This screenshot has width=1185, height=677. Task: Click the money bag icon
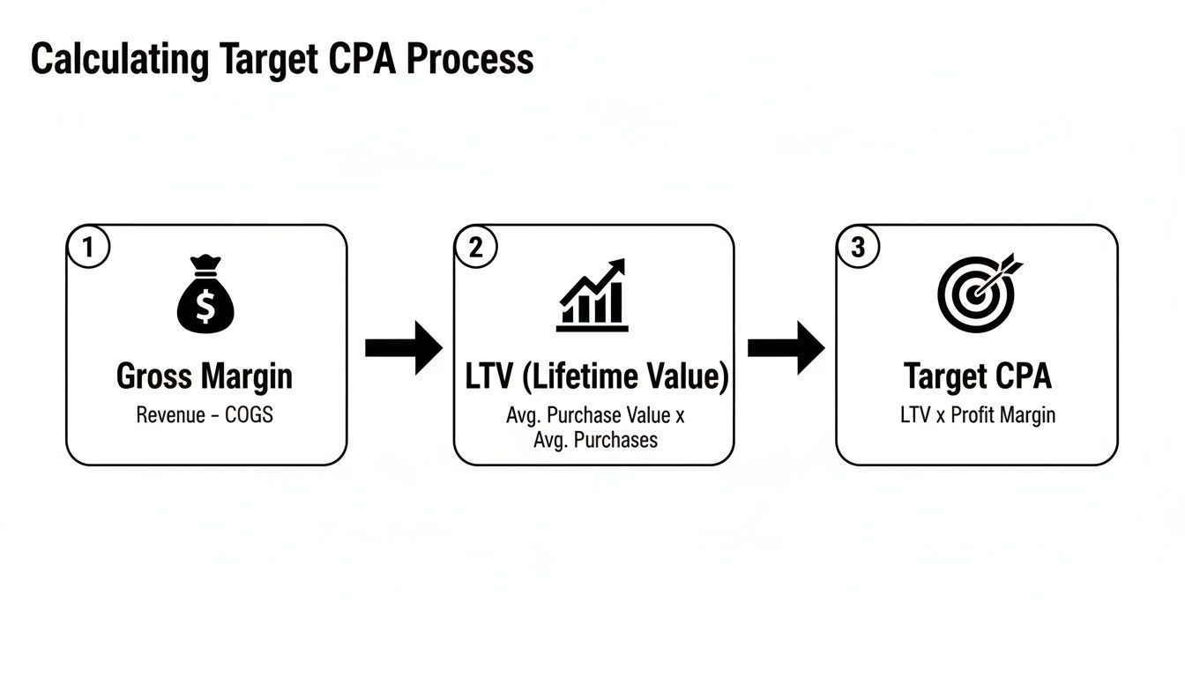(x=205, y=295)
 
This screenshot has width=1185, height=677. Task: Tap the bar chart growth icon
(x=592, y=295)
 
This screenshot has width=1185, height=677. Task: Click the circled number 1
(x=87, y=248)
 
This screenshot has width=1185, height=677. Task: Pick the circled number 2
(x=476, y=248)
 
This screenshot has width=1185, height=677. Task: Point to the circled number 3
(x=858, y=248)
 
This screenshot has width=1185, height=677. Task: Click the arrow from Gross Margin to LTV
(x=403, y=348)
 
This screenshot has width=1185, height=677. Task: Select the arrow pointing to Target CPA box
(x=786, y=348)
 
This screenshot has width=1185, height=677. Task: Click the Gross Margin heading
(x=205, y=376)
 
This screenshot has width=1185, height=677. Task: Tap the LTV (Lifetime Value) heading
(x=597, y=376)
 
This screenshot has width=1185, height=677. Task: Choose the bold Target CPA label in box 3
(x=978, y=376)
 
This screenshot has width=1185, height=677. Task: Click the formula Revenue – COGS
(x=205, y=414)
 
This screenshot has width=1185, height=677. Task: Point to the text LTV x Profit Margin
(x=978, y=414)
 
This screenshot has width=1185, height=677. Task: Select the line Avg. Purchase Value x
(x=595, y=414)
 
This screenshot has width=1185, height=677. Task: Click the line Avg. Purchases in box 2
(x=595, y=439)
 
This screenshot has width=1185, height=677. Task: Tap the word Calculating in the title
(x=120, y=60)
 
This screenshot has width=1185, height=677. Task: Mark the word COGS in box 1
(x=250, y=414)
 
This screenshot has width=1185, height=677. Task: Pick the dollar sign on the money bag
(x=205, y=306)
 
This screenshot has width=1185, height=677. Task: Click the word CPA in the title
(x=375, y=60)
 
